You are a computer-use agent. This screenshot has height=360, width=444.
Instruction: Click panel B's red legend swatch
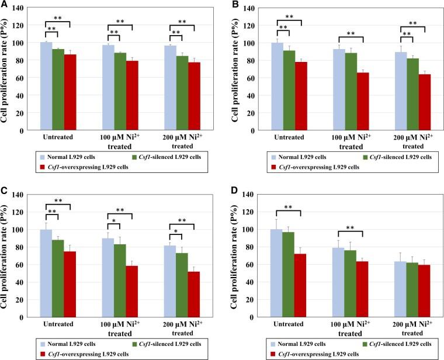pyautogui.click(x=275, y=167)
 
